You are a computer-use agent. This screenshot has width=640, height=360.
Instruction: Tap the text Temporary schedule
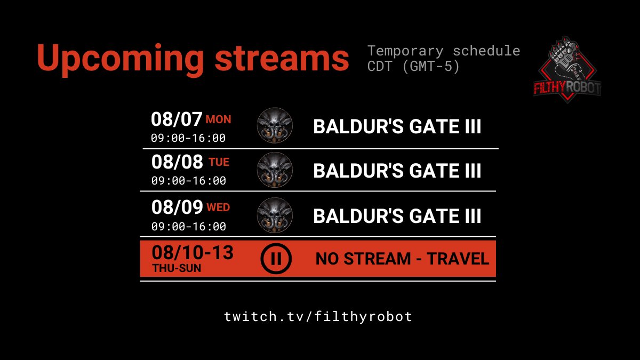click(x=444, y=51)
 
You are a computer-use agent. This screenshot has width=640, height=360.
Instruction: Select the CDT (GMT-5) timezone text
click(x=413, y=68)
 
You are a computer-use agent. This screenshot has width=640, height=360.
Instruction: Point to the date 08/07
click(x=177, y=118)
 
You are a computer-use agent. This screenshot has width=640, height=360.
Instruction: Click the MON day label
click(x=218, y=120)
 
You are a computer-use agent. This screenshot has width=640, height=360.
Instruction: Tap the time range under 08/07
click(x=188, y=138)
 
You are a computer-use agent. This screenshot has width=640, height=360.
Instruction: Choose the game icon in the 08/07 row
click(x=275, y=125)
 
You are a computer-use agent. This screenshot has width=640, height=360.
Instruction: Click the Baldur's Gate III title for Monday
click(x=397, y=127)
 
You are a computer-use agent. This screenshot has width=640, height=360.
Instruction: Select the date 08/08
click(x=177, y=161)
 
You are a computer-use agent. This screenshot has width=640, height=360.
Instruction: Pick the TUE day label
click(x=219, y=163)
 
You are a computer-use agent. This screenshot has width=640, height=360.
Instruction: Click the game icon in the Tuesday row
click(x=275, y=170)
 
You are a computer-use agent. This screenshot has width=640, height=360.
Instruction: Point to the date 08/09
click(x=177, y=207)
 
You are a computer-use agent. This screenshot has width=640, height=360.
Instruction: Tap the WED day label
click(x=218, y=208)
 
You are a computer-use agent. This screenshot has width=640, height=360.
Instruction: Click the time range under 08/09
click(x=188, y=227)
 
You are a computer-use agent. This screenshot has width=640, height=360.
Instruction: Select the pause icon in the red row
click(x=276, y=259)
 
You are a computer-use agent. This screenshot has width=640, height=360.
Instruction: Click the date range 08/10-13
click(x=193, y=252)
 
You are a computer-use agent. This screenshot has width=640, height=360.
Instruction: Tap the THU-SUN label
click(x=177, y=268)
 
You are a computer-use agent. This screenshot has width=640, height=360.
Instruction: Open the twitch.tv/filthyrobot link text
click(x=318, y=317)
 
